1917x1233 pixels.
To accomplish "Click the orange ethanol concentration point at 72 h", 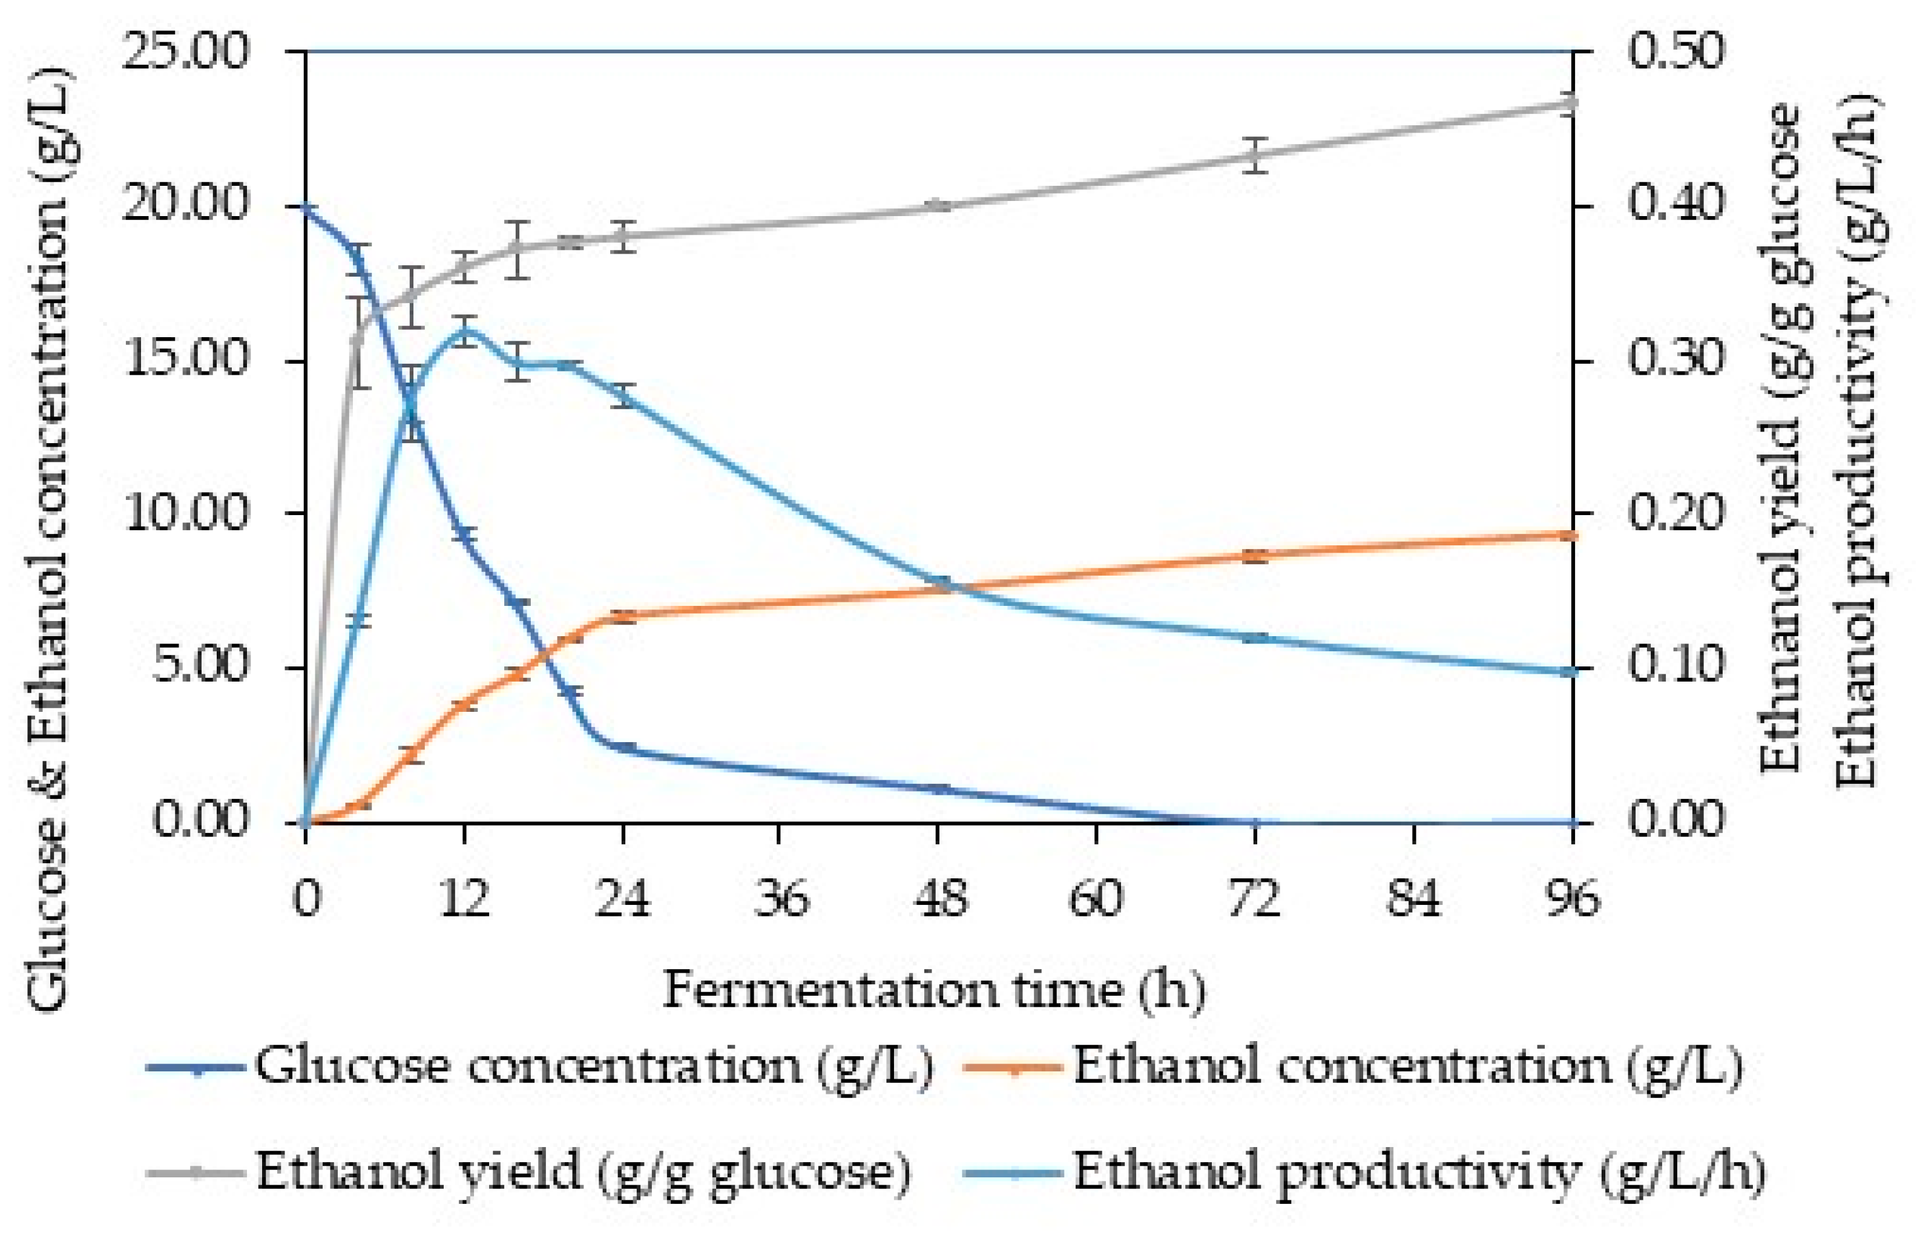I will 1256,556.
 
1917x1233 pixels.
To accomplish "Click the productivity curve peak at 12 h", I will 464,330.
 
